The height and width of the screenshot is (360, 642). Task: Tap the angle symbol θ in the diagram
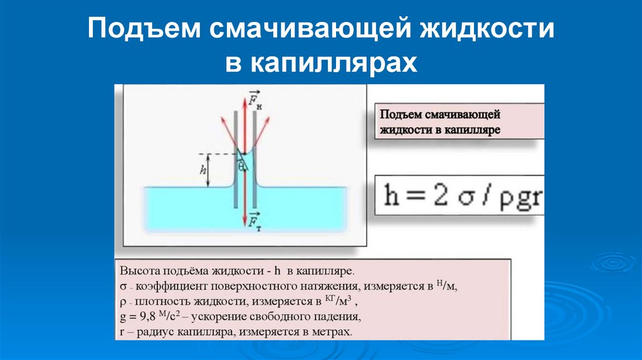click(240, 167)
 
